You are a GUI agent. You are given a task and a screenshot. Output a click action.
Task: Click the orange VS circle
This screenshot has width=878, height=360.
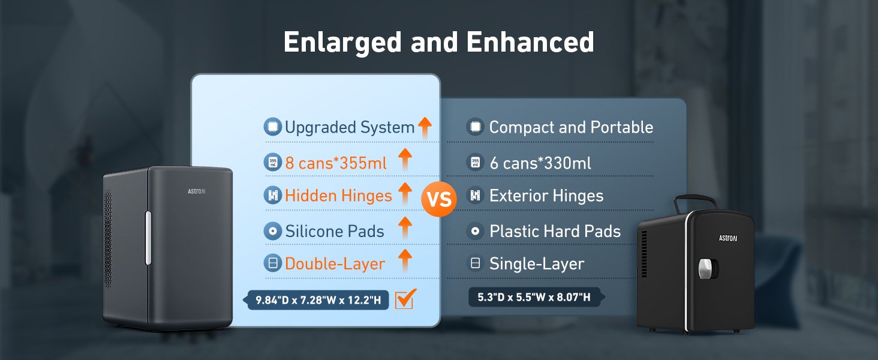coord(438,199)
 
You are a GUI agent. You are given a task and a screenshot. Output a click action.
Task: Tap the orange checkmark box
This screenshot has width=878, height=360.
coord(405,299)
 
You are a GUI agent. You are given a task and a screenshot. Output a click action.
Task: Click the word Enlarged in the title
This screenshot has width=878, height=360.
coord(342,43)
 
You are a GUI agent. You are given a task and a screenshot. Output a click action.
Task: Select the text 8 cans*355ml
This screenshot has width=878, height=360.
coord(336,163)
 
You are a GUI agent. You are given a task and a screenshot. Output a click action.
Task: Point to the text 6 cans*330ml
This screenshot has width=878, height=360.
coord(540,163)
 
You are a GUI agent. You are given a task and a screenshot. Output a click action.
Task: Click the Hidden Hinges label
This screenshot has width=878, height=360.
coord(338,195)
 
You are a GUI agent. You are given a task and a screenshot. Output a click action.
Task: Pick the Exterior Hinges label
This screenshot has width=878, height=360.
coord(546,195)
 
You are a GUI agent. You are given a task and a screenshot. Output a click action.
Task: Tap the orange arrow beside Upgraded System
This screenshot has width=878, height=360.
coord(425,127)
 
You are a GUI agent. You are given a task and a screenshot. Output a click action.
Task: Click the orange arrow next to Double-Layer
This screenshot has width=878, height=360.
coord(405,260)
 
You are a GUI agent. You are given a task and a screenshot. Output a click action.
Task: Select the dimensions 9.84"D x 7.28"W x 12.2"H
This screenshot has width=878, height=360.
coord(318,301)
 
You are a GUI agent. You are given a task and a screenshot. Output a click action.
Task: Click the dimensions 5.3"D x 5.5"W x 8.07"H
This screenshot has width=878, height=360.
coord(534,297)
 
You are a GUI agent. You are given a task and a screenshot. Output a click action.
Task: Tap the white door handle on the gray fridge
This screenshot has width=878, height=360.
coord(148,238)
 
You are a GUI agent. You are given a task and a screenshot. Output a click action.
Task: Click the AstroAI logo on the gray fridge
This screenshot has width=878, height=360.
coord(196,191)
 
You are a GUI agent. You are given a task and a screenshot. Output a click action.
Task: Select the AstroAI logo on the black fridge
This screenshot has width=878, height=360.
coord(728,238)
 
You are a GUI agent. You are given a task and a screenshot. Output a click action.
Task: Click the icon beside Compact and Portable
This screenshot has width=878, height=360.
coord(475,127)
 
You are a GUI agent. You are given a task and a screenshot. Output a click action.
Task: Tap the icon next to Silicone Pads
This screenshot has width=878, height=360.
coord(273,231)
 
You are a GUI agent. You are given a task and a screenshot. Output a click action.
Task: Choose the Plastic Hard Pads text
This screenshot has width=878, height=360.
coord(555,231)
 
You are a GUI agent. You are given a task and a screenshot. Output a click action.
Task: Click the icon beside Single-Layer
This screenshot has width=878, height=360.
coord(475,263)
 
